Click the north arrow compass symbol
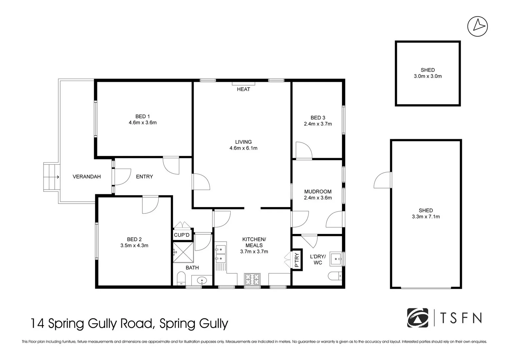[x=477, y=26]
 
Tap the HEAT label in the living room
[x=243, y=89]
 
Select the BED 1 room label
[x=142, y=116]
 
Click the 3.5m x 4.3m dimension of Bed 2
[x=134, y=246]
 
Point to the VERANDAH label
[x=87, y=177]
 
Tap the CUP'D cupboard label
[x=182, y=235]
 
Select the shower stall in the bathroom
[x=183, y=252]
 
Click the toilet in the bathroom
[x=181, y=278]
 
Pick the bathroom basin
[x=202, y=281]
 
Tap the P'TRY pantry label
[x=297, y=260]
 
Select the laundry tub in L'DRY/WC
[x=336, y=259]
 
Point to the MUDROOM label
[x=318, y=192]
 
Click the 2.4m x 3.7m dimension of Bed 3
[x=318, y=124]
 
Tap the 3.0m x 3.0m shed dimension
[x=428, y=76]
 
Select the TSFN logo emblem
[x=418, y=318]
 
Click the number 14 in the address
[x=37, y=324]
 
